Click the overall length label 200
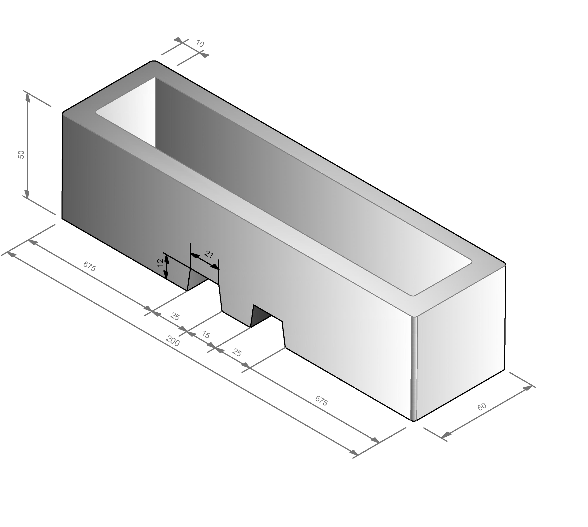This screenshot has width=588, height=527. point(173,341)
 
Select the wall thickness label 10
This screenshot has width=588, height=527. point(200,44)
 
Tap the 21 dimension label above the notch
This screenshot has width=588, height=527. point(209,255)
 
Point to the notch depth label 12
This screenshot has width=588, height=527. point(160,263)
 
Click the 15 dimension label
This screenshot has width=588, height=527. point(206,335)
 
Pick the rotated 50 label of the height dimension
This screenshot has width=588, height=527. point(21,155)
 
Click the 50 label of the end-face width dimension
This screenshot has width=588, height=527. point(482,407)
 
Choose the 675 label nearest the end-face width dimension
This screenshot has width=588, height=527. point(321,401)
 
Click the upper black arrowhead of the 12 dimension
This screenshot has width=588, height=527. point(166,258)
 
